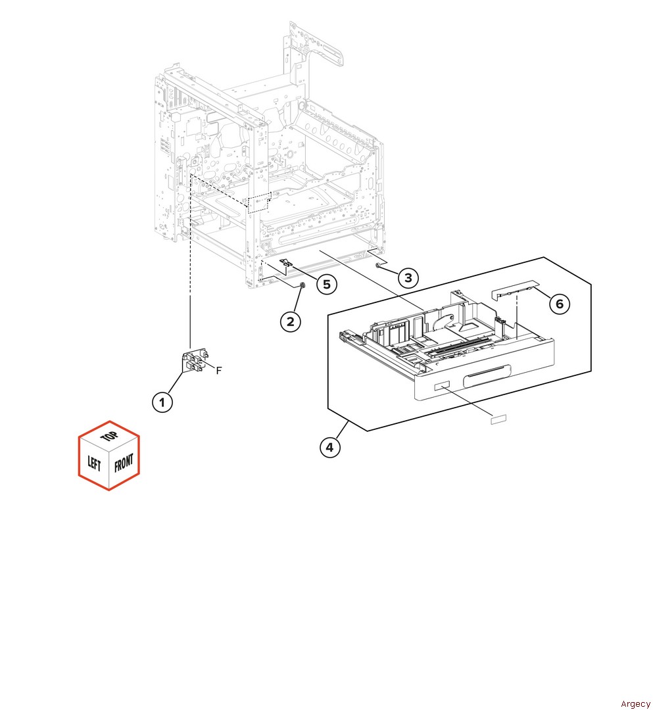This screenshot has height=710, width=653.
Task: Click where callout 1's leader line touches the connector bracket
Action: [x=184, y=372]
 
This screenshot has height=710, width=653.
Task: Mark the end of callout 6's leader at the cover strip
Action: [x=535, y=287]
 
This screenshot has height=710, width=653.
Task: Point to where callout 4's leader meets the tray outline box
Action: [x=348, y=421]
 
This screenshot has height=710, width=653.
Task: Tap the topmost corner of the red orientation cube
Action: [x=110, y=421]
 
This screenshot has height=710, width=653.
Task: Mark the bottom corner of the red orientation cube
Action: [x=109, y=490]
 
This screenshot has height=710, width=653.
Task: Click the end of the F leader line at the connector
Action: [x=205, y=362]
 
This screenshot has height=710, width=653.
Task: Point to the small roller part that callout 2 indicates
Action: [x=302, y=285]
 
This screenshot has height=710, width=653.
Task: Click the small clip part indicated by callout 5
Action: [x=286, y=262]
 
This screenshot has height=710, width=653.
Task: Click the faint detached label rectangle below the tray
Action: [x=498, y=419]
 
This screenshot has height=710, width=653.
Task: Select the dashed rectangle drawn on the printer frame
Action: [x=259, y=202]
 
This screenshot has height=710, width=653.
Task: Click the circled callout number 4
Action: [x=329, y=448]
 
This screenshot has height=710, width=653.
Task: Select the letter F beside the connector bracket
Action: [x=219, y=371]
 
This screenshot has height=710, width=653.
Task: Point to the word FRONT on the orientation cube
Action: [x=124, y=463]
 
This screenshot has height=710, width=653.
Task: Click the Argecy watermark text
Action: [x=635, y=703]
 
